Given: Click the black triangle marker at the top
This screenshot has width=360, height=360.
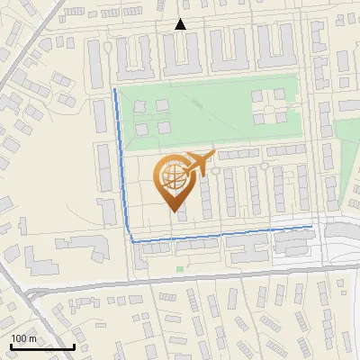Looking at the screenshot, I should click(181, 24).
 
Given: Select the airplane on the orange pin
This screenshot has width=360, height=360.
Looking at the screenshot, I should click(199, 162).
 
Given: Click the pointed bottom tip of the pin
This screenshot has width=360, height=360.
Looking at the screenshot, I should click(175, 211).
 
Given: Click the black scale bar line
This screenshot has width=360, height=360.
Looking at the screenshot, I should click(41, 347).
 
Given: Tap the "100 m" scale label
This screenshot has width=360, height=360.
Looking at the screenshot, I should click(24, 338).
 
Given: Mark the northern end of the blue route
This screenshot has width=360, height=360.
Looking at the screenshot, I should click(114, 90).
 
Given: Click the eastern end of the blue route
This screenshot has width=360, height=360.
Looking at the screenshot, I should click(311, 227).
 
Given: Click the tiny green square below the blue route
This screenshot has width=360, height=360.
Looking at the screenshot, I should click(180, 268).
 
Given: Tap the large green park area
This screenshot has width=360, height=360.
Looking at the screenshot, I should click(207, 112).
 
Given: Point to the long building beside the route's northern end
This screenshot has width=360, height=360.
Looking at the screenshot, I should click(100, 117).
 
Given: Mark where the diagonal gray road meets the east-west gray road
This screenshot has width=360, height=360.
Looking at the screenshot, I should click(30, 293).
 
